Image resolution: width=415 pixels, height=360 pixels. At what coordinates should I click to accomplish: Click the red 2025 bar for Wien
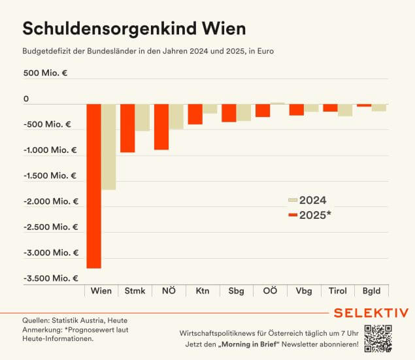coord(93,186)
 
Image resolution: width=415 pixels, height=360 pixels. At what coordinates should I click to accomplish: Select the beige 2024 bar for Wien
coord(108,147)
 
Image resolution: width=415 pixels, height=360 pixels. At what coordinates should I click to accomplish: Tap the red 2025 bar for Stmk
coord(127,128)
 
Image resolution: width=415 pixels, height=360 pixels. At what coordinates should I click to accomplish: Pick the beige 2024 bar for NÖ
coord(176,116)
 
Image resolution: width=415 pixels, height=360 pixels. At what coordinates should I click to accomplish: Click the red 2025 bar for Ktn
coord(195,114)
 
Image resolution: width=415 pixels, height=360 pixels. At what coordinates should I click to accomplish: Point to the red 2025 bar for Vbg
coord(296,110)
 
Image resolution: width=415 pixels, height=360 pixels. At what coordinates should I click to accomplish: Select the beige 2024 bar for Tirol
coord(345,110)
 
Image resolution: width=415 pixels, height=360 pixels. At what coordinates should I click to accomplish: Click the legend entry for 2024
coord(308,201)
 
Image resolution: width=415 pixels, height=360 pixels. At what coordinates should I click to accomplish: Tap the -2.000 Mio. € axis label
coord(50,201)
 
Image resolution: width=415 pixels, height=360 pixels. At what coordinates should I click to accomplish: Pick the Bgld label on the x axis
coord(371,291)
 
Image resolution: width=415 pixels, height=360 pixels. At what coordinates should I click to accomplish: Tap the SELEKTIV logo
coord(371,312)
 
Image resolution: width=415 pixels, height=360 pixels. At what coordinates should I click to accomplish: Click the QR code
coord(378,338)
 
